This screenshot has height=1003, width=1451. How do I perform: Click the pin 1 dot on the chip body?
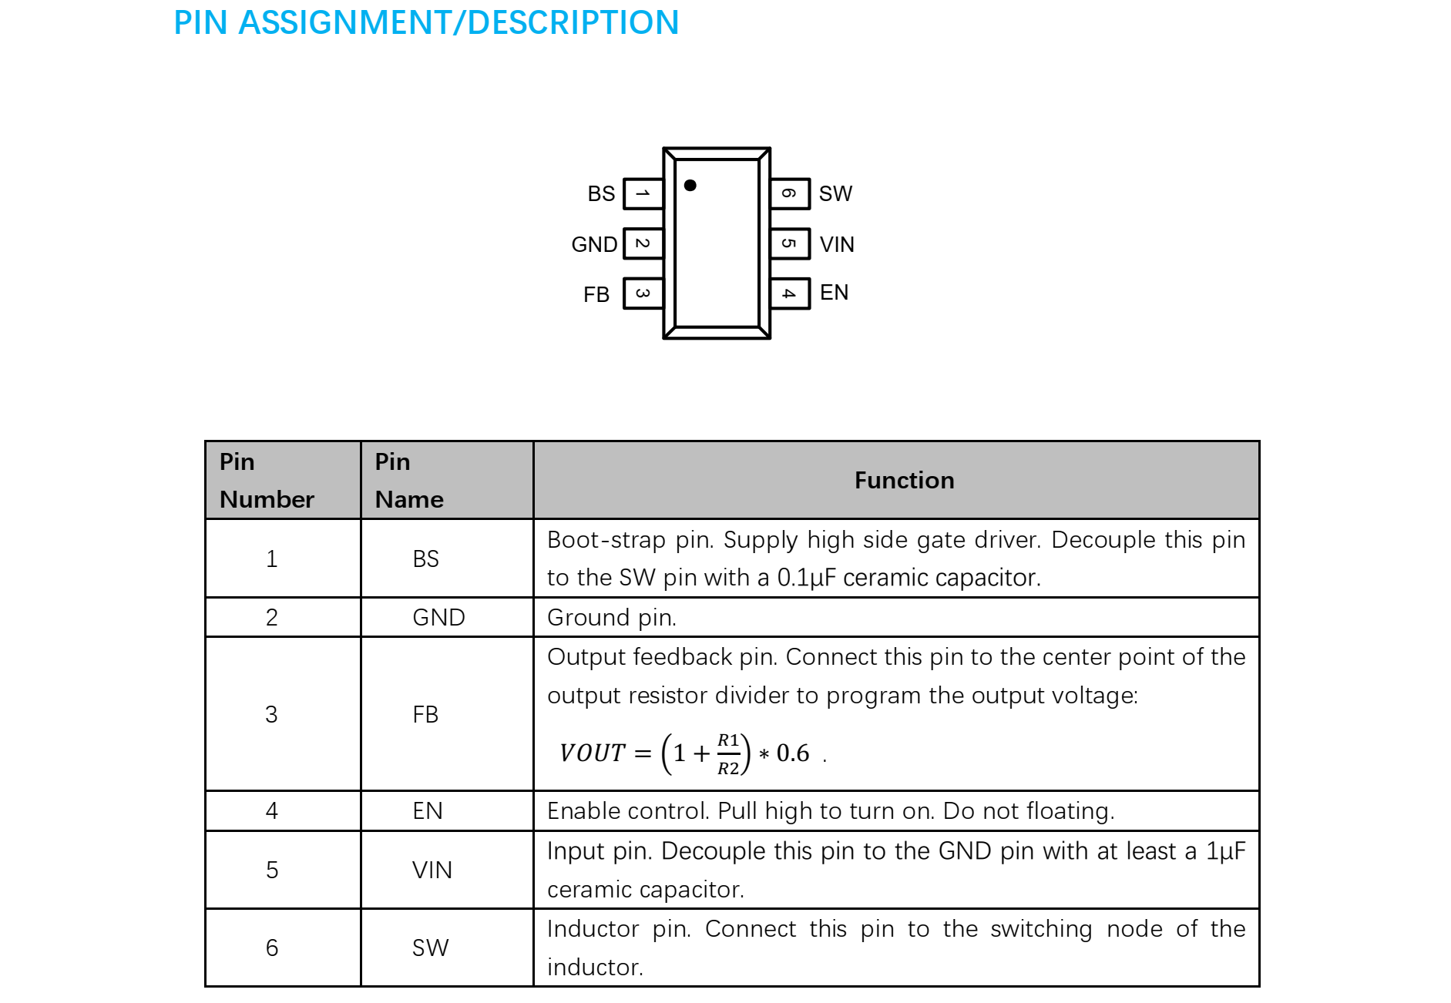click(690, 185)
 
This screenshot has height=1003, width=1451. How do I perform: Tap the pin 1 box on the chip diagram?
click(643, 193)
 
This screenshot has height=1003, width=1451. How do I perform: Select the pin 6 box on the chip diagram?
click(790, 193)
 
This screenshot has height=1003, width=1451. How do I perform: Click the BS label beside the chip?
click(601, 193)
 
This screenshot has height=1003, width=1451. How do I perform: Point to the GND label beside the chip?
click(594, 244)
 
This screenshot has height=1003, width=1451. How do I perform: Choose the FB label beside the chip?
click(596, 294)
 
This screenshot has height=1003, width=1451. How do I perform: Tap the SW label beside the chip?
click(835, 193)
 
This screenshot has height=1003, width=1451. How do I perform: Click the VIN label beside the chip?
click(837, 244)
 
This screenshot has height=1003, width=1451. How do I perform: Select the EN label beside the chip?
click(834, 293)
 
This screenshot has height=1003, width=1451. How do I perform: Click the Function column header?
click(904, 481)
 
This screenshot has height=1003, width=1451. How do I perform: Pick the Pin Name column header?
click(409, 481)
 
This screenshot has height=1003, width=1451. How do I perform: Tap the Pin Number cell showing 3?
click(271, 714)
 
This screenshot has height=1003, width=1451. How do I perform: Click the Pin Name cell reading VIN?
click(432, 870)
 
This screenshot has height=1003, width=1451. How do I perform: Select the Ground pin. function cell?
click(612, 617)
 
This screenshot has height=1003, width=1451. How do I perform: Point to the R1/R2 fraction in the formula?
click(728, 753)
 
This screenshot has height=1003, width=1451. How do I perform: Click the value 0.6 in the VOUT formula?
click(793, 753)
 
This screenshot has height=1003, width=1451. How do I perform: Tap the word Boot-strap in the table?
click(606, 540)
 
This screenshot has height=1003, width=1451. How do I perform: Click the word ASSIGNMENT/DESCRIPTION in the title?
click(458, 22)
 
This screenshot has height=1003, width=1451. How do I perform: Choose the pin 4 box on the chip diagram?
click(790, 294)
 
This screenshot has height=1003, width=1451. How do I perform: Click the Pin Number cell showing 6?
click(271, 948)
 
